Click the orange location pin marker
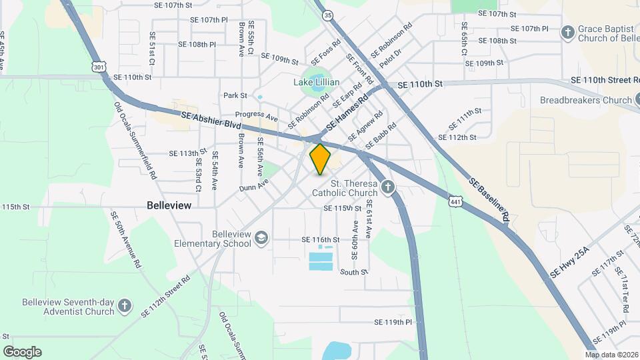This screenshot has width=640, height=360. pos(321,159)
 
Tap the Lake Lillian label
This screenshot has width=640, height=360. pos(317,82)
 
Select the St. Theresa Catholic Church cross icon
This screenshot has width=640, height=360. pos(387,187)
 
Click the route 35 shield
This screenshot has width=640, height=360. pos(327,14)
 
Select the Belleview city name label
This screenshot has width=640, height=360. pos(169,205)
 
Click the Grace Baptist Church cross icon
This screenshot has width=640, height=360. pos(567,32)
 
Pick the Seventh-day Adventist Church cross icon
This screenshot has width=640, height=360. pos(124,306)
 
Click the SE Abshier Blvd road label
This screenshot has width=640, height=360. pos(210,120)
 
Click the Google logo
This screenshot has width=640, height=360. pos(22,352)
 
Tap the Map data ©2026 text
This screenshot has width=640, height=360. pos(611,355)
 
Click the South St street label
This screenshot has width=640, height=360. pos(354,272)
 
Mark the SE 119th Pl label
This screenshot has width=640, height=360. pos(393,322)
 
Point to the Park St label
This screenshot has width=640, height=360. pos(235,95)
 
